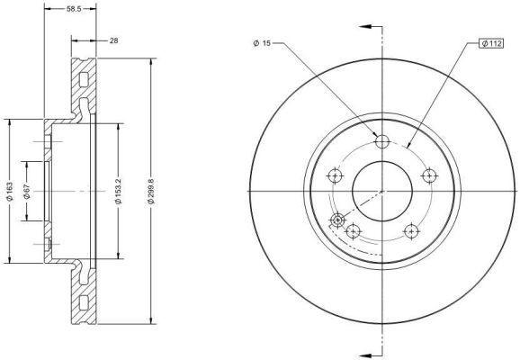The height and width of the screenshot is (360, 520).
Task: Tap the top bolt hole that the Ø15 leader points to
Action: [x=381, y=141]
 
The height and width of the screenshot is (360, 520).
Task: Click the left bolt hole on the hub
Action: [x=336, y=175]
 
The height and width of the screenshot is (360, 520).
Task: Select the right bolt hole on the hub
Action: [x=427, y=175]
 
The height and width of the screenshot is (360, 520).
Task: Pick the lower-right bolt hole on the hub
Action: [x=409, y=230]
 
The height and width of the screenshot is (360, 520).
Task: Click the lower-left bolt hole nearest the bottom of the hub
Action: [x=354, y=230]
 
